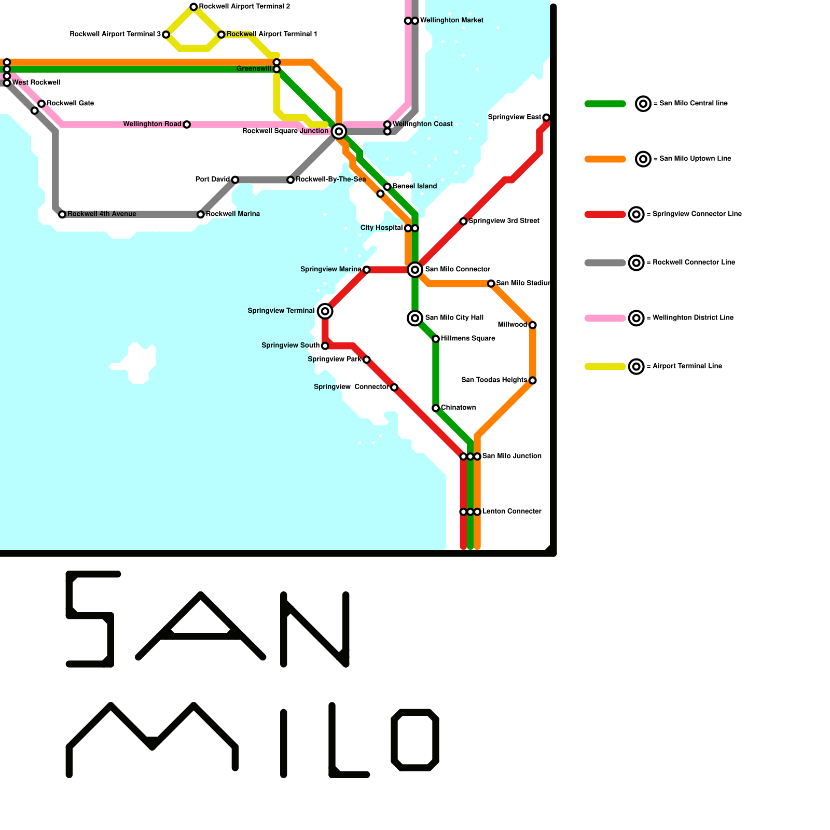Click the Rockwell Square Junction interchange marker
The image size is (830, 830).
[x=339, y=131]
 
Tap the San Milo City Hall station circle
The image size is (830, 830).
[x=415, y=318]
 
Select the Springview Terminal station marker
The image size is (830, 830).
[x=325, y=311]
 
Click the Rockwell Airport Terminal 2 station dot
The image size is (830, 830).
[x=193, y=7]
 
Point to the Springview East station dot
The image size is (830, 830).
[x=546, y=118]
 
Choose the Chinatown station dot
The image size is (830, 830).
[x=436, y=408]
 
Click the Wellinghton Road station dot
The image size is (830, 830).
[x=187, y=125]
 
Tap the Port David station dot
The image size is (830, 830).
[x=235, y=180]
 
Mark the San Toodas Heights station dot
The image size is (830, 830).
[x=533, y=381]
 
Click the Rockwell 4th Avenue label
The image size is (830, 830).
[x=102, y=214]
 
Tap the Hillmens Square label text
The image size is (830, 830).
[x=468, y=339]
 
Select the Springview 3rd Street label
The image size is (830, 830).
[x=504, y=221]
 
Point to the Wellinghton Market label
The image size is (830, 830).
[x=451, y=20]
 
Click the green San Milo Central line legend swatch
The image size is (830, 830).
[x=605, y=104]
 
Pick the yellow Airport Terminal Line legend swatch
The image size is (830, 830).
[x=605, y=367]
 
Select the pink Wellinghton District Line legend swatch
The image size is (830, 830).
[x=605, y=318]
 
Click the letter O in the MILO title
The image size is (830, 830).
[x=415, y=740]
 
